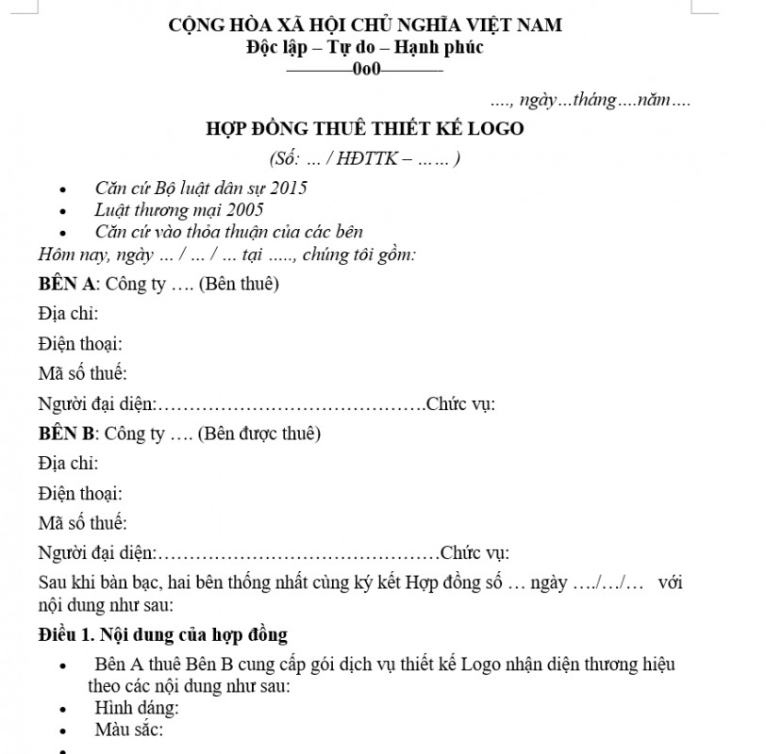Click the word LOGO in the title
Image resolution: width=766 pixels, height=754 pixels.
click(x=495, y=128)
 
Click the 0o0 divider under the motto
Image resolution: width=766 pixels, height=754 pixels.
click(x=364, y=69)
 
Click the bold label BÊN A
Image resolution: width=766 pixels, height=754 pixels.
click(x=69, y=284)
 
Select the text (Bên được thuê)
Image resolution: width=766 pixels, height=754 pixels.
click(x=258, y=434)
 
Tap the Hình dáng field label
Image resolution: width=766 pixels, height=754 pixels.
click(x=137, y=707)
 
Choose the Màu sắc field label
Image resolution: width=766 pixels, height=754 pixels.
click(x=129, y=729)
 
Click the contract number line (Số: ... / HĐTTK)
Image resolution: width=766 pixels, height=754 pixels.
click(x=364, y=158)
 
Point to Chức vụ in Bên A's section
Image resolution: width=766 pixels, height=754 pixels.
click(x=460, y=404)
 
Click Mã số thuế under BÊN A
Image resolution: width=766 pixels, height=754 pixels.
click(x=82, y=374)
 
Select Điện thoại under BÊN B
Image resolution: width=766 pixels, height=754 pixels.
click(x=80, y=493)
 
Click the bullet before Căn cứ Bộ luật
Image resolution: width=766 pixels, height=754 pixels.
click(x=62, y=188)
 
